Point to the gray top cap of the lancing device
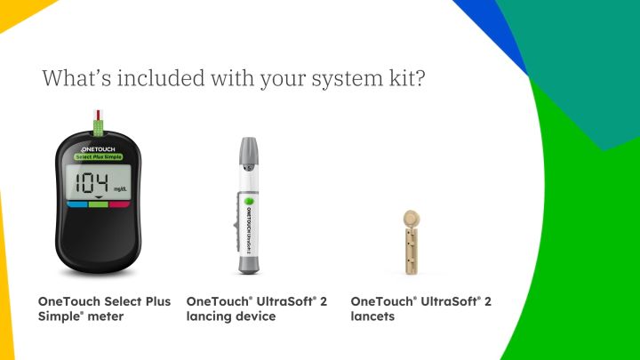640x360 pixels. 249,156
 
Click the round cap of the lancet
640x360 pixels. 411,218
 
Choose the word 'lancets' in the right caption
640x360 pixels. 373,316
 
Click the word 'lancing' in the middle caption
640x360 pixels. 209,316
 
